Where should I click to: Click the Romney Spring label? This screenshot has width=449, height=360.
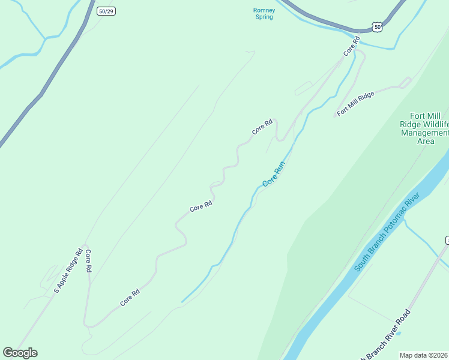(264, 13)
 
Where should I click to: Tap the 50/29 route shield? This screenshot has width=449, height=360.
(106, 11)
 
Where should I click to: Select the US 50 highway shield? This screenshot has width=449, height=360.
(376, 26)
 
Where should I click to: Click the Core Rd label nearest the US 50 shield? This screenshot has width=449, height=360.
(351, 46)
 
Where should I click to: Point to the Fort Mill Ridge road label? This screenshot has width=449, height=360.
(355, 103)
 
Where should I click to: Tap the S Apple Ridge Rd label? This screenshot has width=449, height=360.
(67, 272)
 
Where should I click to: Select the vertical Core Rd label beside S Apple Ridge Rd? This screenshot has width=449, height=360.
(88, 261)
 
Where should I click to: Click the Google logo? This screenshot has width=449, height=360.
(20, 353)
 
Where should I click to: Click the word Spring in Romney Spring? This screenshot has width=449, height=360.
(264, 17)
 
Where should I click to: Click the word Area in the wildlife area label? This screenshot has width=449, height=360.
(426, 141)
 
